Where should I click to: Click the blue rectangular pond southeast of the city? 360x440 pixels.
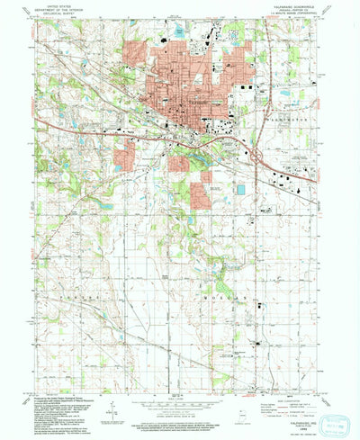click(240, 190)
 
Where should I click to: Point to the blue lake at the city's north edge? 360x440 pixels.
click(179, 33)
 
